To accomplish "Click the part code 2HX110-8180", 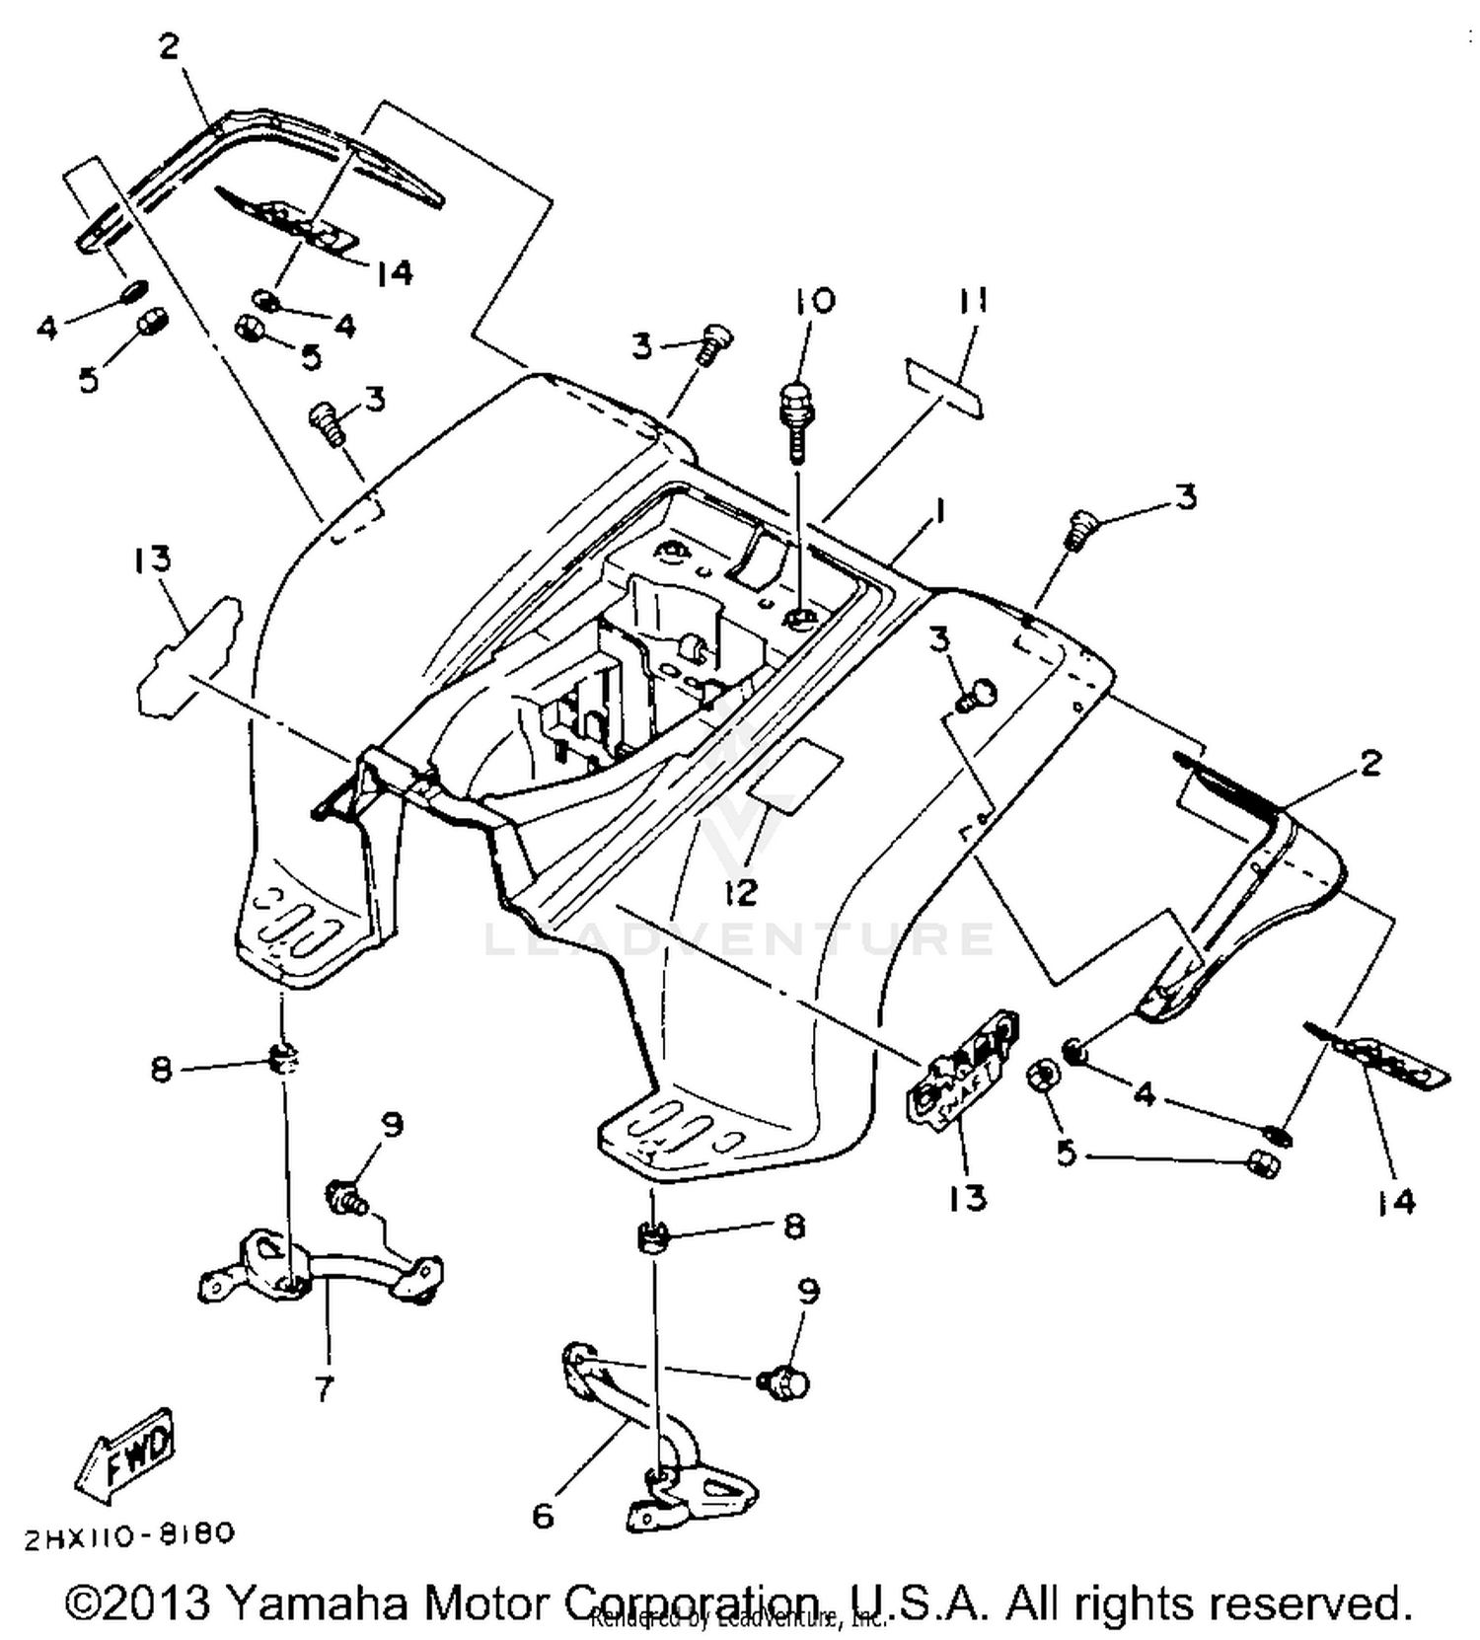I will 129,1535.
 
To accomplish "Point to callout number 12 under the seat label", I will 740,891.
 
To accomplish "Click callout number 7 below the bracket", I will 324,1387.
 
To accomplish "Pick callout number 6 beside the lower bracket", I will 544,1515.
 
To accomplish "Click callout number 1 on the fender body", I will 939,511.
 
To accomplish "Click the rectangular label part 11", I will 944,388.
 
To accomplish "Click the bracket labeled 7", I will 316,1268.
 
